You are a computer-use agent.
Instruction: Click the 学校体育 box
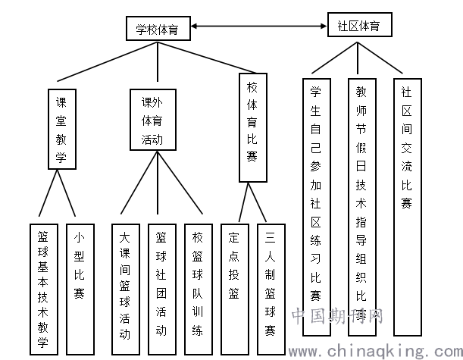coord(158,30)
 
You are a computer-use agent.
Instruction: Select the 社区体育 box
coord(358,25)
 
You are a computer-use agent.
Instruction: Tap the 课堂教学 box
coord(62,130)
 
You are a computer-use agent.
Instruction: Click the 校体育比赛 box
coord(252,127)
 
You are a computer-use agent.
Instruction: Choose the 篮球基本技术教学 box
coord(43,289)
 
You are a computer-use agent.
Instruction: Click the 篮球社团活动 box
coord(161,289)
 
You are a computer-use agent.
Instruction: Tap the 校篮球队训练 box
coord(197,289)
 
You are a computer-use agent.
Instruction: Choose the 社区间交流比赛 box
coord(407,205)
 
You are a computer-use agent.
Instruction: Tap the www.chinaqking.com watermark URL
coord(377,350)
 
